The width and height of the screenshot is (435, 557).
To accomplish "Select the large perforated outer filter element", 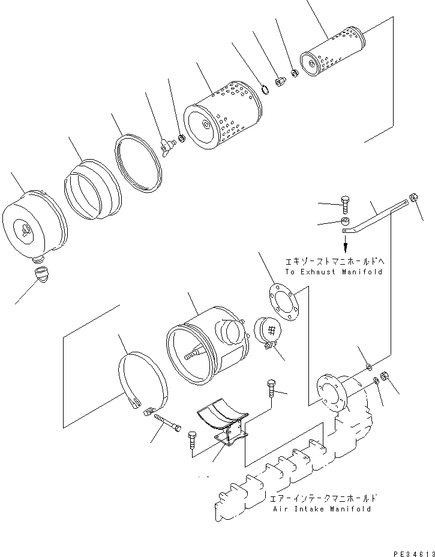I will pyautogui.click(x=223, y=120).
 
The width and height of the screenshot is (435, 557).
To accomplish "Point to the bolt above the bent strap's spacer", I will pyautogui.click(x=345, y=205).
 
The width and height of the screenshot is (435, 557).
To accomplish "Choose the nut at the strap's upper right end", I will pyautogui.click(x=413, y=197).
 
